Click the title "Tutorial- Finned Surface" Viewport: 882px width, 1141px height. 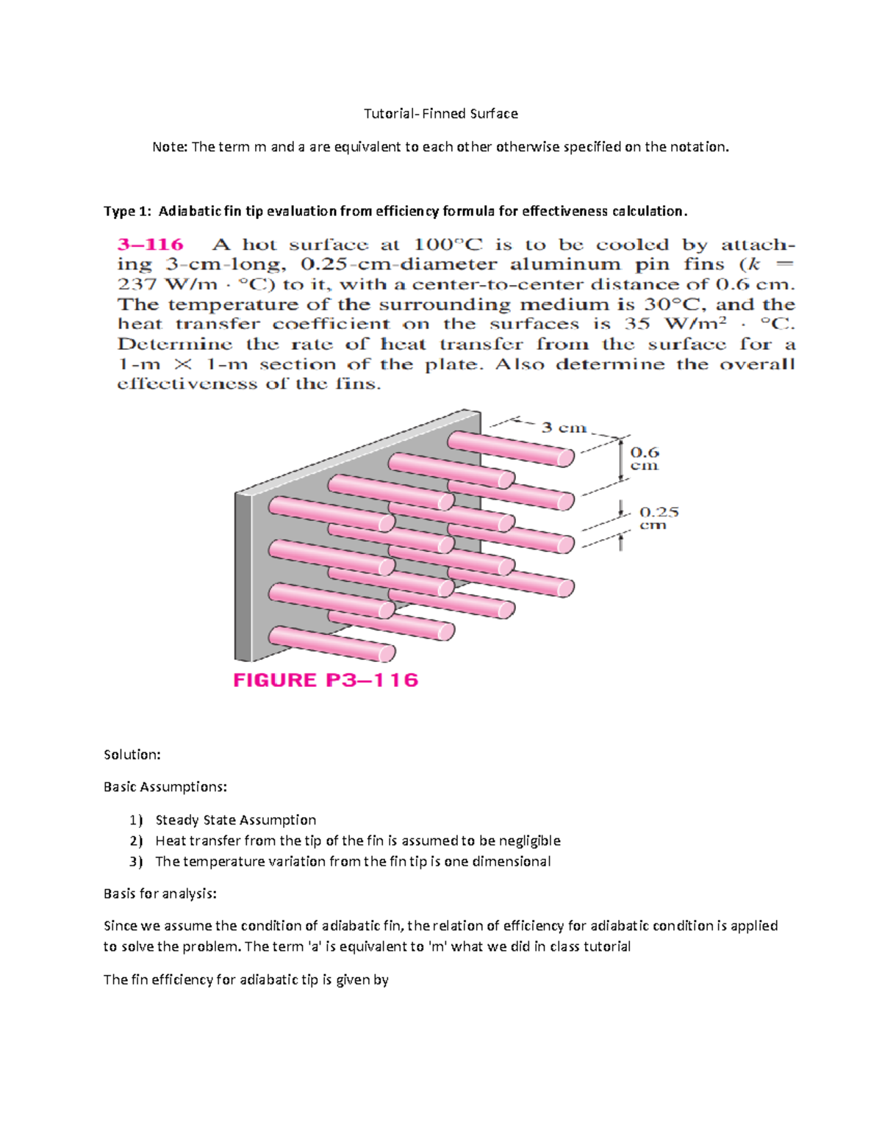pos(441,114)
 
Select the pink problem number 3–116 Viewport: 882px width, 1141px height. pos(151,245)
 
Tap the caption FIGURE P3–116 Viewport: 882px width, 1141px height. pos(326,680)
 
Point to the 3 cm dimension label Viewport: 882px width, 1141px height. pos(564,428)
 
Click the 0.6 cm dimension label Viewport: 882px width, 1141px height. pos(645,458)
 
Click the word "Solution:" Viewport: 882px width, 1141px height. pos(132,755)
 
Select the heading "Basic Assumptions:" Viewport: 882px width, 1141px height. pos(165,787)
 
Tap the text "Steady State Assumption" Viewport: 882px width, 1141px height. pos(236,820)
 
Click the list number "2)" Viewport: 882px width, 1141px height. pos(136,841)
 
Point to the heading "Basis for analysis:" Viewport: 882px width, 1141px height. pos(160,893)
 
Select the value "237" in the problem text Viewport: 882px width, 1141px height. pos(137,284)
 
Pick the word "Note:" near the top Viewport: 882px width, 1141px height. pos(169,147)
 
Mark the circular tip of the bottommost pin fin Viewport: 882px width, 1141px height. pos(387,652)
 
